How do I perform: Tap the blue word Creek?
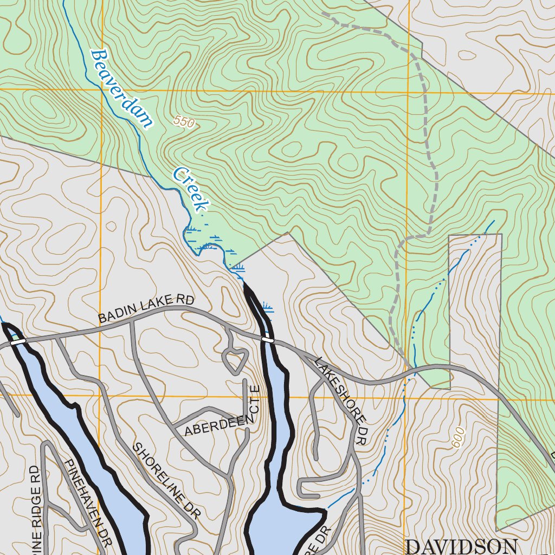[x=191, y=189]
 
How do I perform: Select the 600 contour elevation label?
[x=459, y=437]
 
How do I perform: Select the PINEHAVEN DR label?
[x=88, y=501]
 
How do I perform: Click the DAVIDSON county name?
[x=461, y=546]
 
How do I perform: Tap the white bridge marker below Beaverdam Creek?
[x=268, y=340]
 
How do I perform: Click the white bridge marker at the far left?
[x=18, y=341]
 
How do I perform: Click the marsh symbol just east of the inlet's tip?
[x=267, y=308]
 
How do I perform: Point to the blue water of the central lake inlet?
[x=276, y=412]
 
